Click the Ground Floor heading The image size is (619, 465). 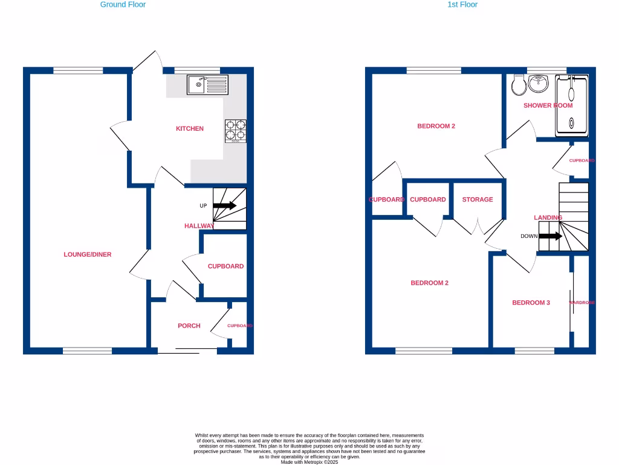click(x=123, y=4)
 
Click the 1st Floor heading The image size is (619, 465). click(x=462, y=4)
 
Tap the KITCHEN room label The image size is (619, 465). click(x=190, y=128)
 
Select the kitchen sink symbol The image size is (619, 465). click(x=207, y=85)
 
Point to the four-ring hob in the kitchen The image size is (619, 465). click(x=236, y=130)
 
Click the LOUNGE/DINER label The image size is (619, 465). click(x=88, y=254)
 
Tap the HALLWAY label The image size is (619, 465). click(x=199, y=226)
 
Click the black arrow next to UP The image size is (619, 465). click(x=224, y=206)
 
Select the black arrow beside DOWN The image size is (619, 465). click(x=550, y=236)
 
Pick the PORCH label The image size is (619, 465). click(x=189, y=326)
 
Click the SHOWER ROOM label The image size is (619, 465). click(x=548, y=105)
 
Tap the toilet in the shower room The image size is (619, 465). click(x=517, y=85)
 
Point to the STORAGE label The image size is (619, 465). click(x=478, y=199)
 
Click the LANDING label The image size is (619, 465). click(x=548, y=217)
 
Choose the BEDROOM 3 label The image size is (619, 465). click(x=531, y=303)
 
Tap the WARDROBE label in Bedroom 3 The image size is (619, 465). click(x=582, y=303)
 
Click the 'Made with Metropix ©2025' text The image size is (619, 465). click(x=309, y=462)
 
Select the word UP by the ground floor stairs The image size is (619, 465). click(x=203, y=206)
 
